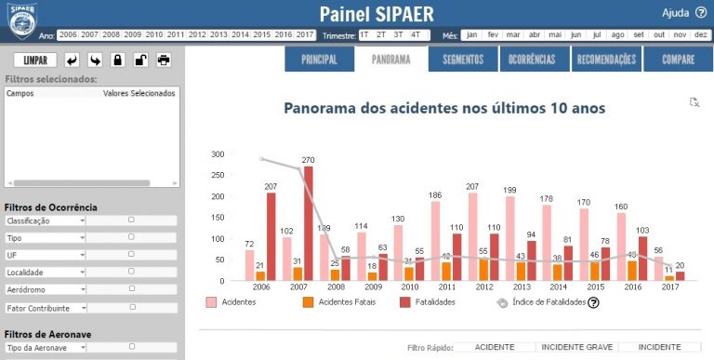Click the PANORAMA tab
391,60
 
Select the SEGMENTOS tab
463,60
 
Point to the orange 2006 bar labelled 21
261,276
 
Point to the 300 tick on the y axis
218,154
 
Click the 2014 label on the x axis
558,288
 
